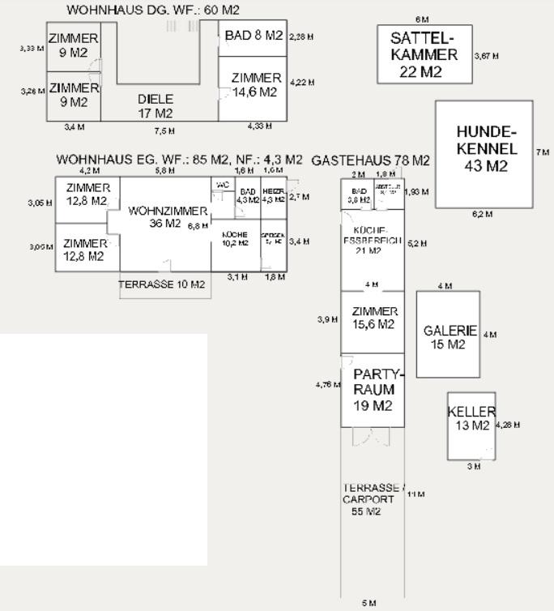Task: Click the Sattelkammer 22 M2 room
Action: pos(424,54)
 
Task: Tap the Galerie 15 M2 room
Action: pos(449,336)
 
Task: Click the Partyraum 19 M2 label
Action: pos(373,390)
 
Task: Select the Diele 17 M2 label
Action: pos(156,106)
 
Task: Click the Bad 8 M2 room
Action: pos(253,36)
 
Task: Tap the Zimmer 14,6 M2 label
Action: pos(256,85)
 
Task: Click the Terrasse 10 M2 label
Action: pos(161,285)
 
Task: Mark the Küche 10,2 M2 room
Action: pos(234,238)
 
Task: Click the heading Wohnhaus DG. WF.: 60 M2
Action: pos(153,10)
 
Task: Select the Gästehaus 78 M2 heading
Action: pos(370,160)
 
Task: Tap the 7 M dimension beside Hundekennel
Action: pos(542,152)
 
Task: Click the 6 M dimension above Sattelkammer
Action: pos(422,19)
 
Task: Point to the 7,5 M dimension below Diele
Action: pos(164,130)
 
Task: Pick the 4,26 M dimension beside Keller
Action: pos(508,425)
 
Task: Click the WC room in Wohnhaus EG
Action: pos(223,190)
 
